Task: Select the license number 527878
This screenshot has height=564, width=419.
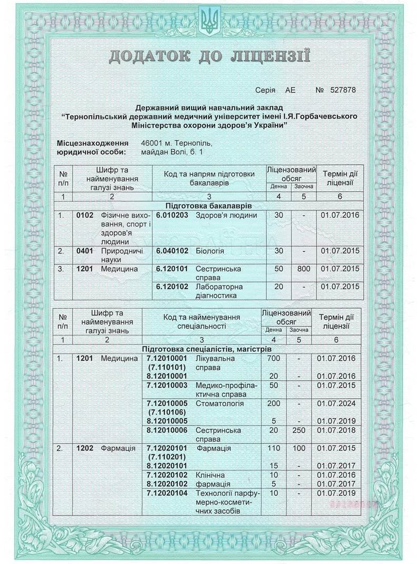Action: pos(343,90)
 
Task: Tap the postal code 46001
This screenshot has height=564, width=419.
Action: pos(152,143)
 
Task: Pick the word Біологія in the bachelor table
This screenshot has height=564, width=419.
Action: pos(210,251)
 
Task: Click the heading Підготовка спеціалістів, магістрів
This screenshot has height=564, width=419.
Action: pos(207,349)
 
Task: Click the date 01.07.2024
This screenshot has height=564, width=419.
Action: pos(336,403)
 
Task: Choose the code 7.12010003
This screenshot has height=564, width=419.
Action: pos(167,385)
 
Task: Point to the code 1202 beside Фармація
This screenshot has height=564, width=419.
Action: pos(85,448)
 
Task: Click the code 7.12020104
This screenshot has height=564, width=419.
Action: pos(167,493)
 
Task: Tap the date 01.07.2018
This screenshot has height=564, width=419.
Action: pos(336,430)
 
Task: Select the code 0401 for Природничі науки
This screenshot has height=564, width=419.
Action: pos(85,251)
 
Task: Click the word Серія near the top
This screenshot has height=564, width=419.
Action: pos(265,90)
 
